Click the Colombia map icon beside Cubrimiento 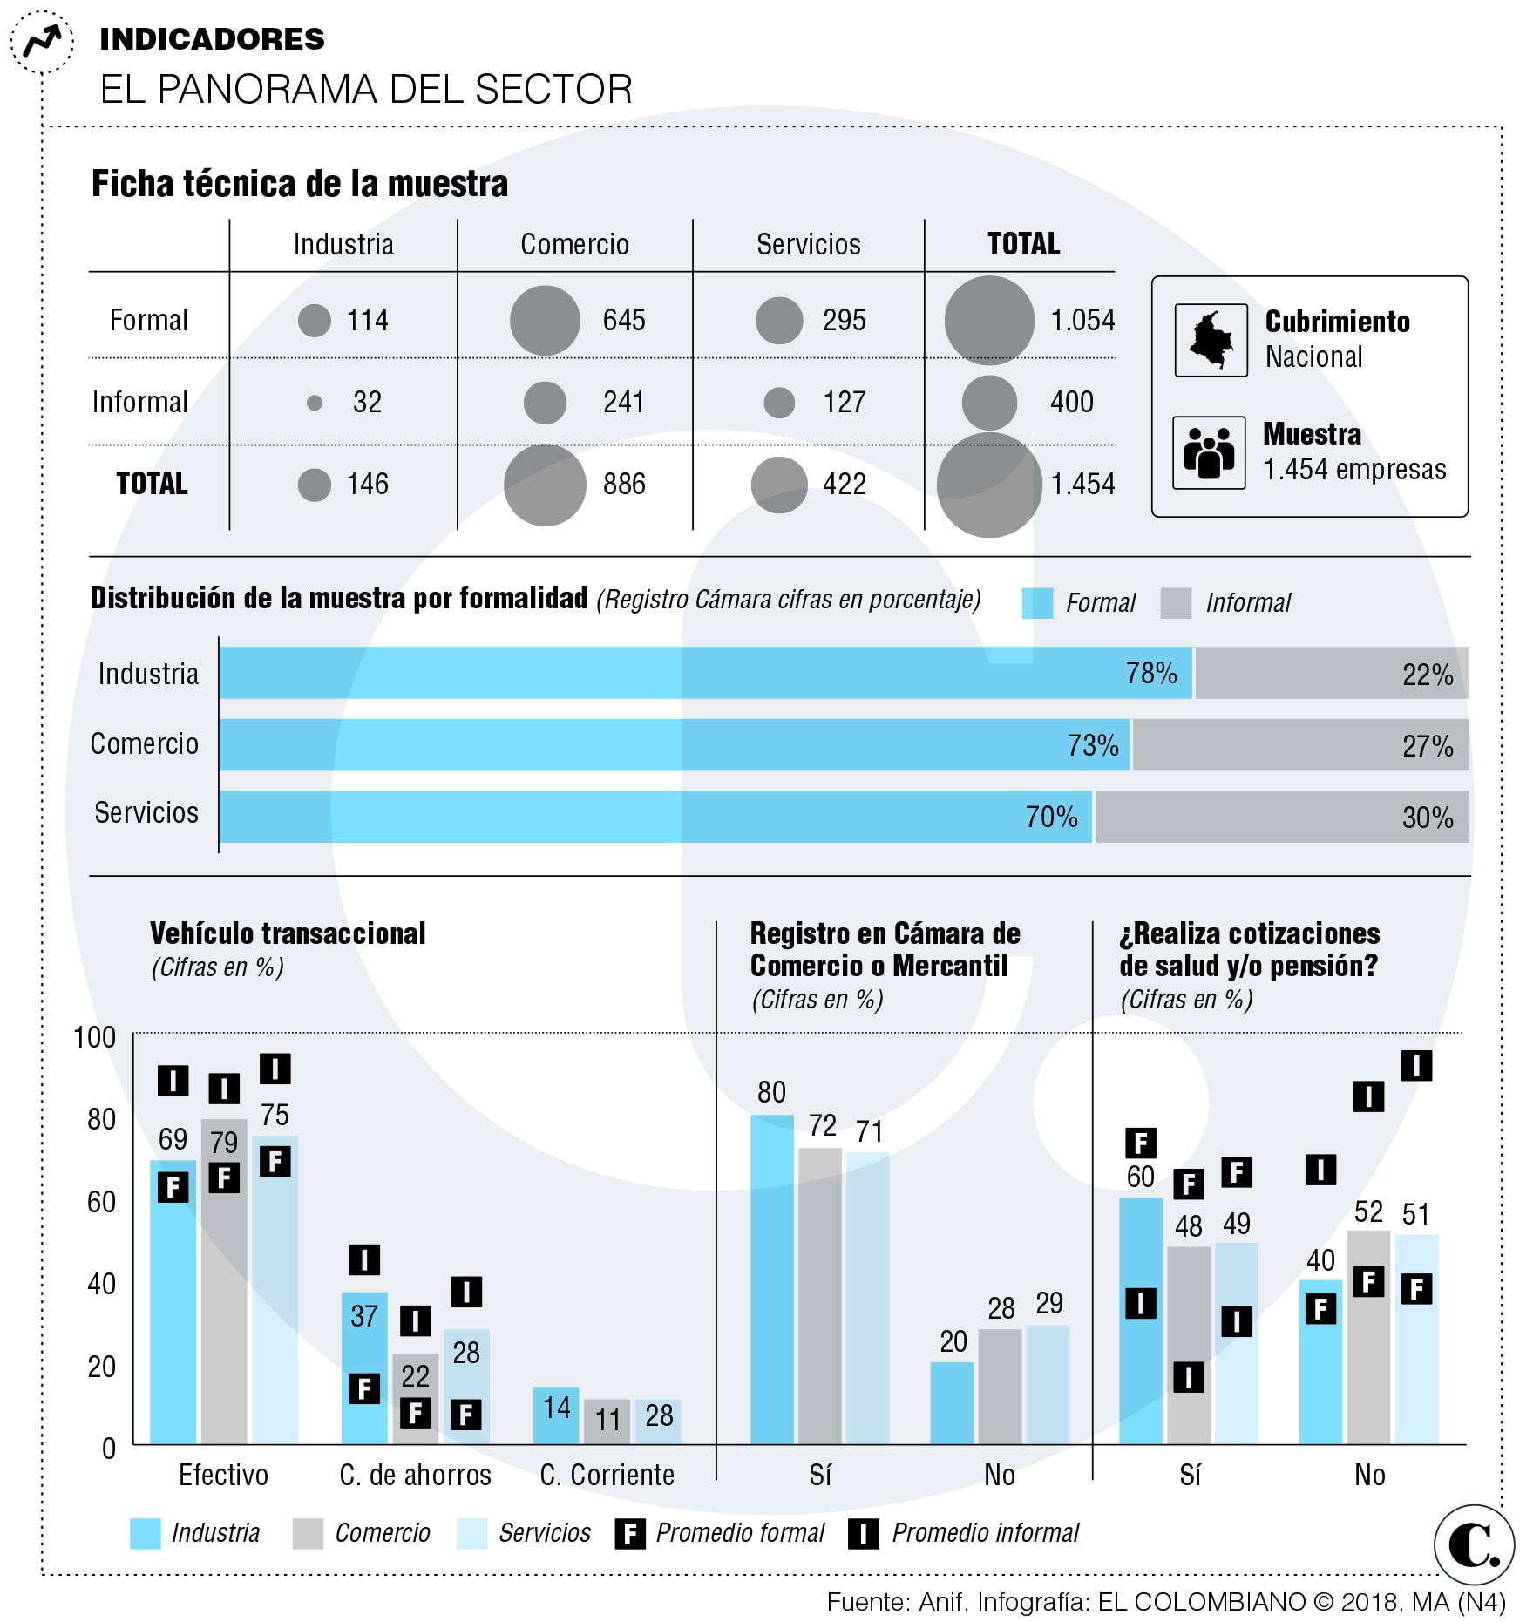coord(1211,340)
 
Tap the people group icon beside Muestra coord(1208,452)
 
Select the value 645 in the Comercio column coord(624,320)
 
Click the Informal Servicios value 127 coord(844,402)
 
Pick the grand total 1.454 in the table coord(1082,484)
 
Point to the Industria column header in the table coord(343,244)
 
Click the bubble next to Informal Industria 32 coord(315,403)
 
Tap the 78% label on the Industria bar coord(1151,673)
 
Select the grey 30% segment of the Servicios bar coord(1281,817)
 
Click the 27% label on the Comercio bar coord(1428,746)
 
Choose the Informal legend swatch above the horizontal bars coord(1176,603)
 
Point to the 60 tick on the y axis coord(102,1202)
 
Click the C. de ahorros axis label coord(415,1475)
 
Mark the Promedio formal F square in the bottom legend coord(629,1533)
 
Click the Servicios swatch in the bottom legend coord(471,1533)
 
